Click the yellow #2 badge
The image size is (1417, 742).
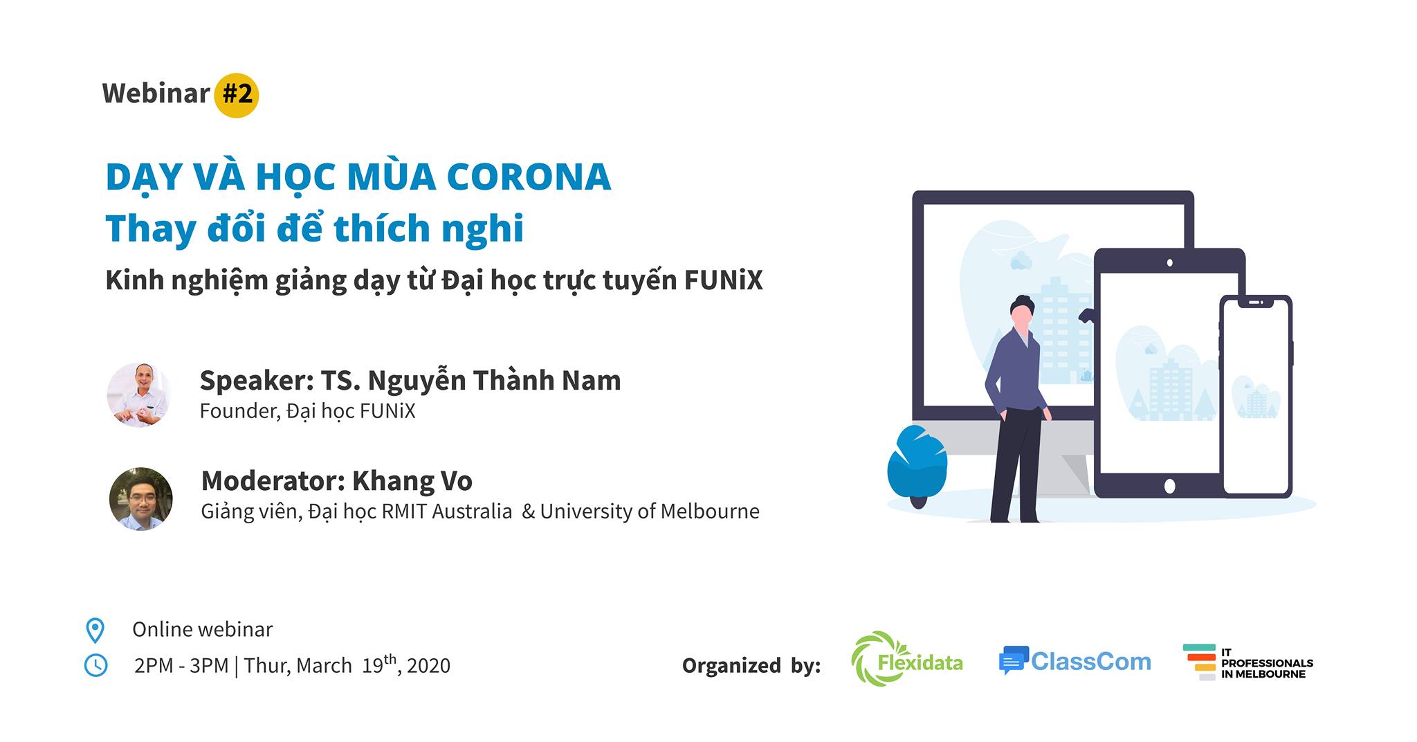(x=237, y=95)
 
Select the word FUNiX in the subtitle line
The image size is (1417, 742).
(x=723, y=280)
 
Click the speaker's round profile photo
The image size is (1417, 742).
(x=139, y=395)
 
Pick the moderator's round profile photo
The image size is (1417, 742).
(x=141, y=499)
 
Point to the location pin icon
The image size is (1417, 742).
(x=95, y=631)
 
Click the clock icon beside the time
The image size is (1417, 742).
(x=95, y=665)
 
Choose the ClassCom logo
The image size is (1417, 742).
(x=1075, y=661)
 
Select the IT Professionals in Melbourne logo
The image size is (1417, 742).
(x=1248, y=662)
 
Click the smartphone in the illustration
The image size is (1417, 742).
(x=1256, y=397)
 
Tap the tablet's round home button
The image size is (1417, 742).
(x=1169, y=486)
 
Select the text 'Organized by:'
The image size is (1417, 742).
(x=751, y=665)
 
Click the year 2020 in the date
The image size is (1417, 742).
(x=428, y=665)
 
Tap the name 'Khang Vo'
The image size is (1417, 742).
(x=412, y=480)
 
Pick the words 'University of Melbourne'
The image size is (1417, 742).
(x=650, y=512)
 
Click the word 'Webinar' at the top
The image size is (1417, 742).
(x=156, y=93)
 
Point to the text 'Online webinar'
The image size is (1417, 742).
(x=202, y=629)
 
